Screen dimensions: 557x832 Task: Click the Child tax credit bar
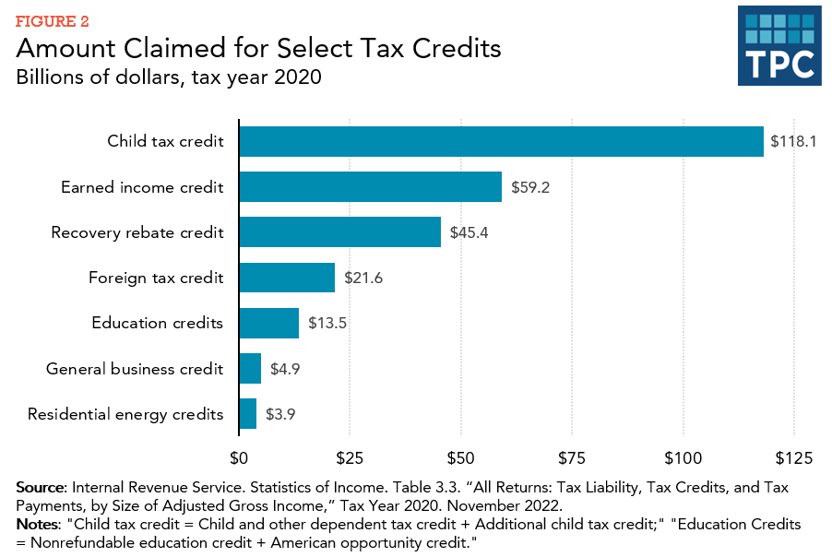(501, 141)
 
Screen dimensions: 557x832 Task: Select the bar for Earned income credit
(370, 186)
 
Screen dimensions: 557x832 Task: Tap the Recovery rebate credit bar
(339, 231)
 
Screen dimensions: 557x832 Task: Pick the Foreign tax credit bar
(287, 277)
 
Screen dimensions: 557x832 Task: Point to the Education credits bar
(268, 323)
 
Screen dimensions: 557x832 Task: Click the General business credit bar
(250, 368)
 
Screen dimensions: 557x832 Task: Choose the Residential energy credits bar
(247, 413)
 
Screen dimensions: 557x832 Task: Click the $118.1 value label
(793, 142)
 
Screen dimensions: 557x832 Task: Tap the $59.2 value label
(531, 187)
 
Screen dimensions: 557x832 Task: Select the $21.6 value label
(363, 278)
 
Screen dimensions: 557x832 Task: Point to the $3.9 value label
(280, 414)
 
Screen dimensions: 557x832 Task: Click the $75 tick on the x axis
(572, 457)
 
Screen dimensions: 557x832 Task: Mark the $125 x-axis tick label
(793, 457)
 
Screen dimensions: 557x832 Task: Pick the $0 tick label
(239, 457)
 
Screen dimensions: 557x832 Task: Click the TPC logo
(779, 46)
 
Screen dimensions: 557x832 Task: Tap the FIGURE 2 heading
(53, 20)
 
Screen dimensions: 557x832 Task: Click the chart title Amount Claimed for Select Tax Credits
(258, 48)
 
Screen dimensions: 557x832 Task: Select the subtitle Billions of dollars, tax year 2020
(169, 77)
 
